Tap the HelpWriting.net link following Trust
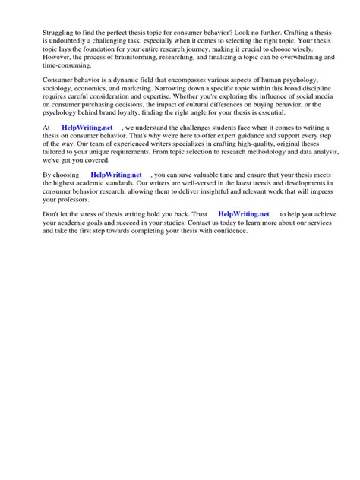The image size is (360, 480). point(243,214)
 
